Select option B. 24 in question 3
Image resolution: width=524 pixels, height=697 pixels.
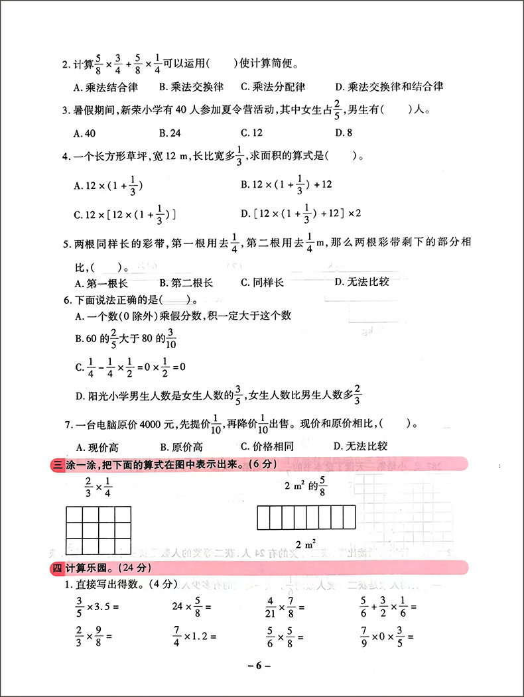pyautogui.click(x=170, y=133)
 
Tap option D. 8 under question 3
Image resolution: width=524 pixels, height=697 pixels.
pyautogui.click(x=344, y=133)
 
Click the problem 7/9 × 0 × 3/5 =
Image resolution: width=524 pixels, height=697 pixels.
pyautogui.click(x=384, y=636)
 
